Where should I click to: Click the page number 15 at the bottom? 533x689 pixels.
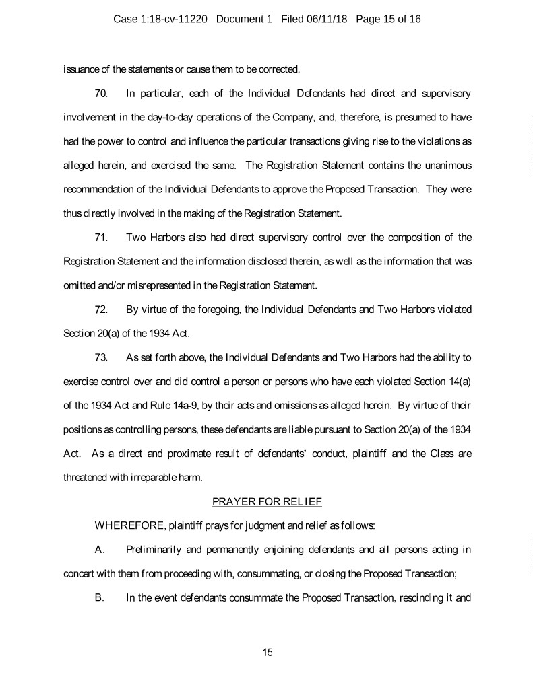(267, 652)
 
